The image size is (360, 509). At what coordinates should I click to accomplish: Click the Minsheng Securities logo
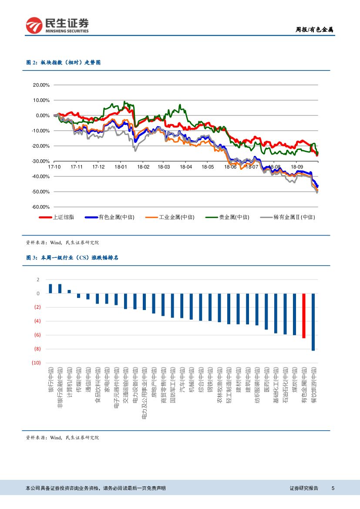57,25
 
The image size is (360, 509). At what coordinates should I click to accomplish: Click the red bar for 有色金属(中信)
304,316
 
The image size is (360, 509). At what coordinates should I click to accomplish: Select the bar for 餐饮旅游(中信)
313,322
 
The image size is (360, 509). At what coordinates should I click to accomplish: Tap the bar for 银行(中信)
50,289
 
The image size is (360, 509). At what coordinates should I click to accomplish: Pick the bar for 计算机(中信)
69,292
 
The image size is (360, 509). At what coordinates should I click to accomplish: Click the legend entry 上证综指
60,217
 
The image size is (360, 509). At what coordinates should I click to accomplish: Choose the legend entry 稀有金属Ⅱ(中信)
287,217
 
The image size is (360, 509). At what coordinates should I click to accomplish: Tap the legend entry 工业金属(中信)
170,217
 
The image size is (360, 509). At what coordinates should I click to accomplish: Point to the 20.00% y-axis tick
41,85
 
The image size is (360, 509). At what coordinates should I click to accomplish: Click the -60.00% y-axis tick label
41,207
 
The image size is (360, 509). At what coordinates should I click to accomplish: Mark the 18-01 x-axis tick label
121,167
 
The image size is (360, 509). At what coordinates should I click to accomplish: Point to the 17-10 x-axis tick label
54,167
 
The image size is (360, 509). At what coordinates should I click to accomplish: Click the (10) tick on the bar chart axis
36,363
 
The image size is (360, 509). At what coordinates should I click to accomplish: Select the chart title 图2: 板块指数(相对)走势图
64,63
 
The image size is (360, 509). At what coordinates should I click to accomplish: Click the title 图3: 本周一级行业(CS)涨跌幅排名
72,258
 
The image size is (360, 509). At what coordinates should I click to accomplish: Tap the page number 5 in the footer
333,488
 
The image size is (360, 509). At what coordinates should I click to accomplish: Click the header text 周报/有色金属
314,30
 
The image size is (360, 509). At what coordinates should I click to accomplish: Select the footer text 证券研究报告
304,488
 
